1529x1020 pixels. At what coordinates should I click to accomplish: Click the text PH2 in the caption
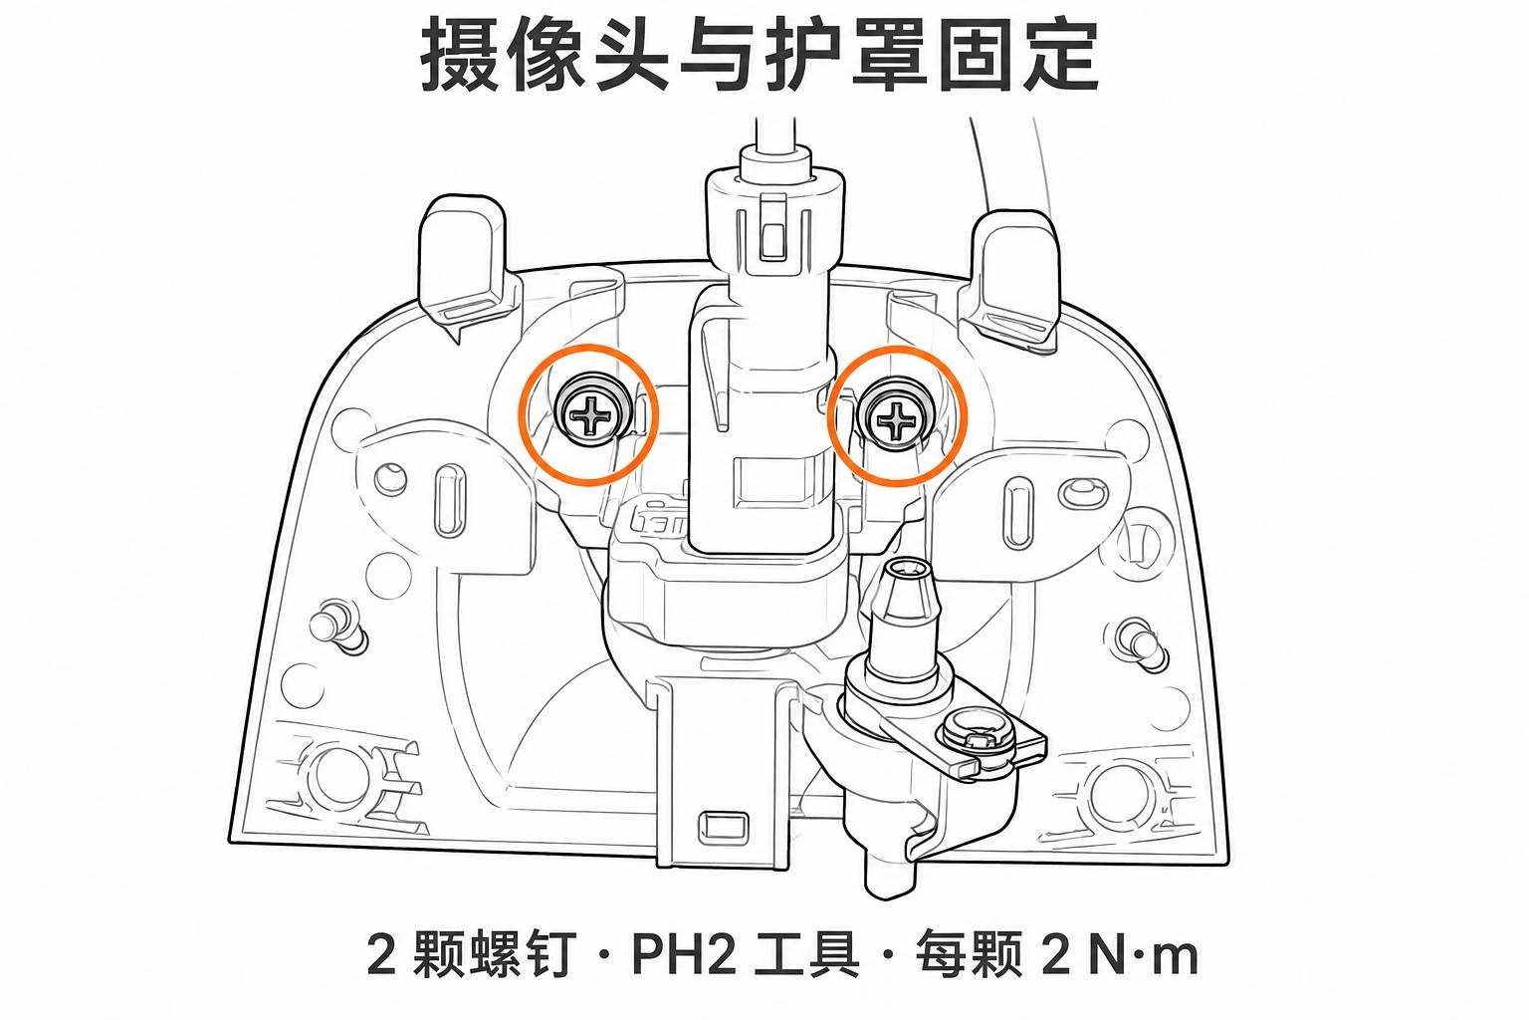685,954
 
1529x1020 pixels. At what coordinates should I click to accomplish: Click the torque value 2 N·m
1120,954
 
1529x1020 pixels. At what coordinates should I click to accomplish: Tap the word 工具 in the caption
807,954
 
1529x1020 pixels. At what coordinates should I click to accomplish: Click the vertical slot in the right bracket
1017,512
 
